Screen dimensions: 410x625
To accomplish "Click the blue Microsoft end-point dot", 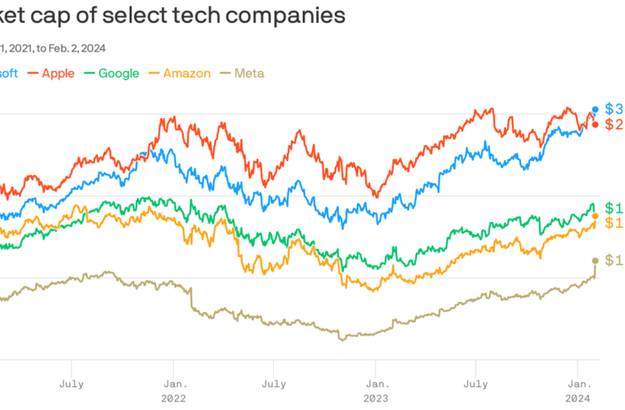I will coord(595,110).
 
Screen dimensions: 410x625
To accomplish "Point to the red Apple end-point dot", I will coord(595,125).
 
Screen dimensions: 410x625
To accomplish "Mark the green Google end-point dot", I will coord(595,208).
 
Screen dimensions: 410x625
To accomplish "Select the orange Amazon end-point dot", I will coord(595,216).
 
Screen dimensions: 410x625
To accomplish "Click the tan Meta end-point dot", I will coord(595,261).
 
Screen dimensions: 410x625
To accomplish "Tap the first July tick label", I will coord(72,383).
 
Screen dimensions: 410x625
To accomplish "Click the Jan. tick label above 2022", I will coord(175,383).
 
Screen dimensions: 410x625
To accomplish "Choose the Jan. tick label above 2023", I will coord(376,383).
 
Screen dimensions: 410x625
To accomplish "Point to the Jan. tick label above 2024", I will coord(578,383).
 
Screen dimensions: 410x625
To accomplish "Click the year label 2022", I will coord(175,397).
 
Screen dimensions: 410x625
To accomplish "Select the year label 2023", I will coord(376,397).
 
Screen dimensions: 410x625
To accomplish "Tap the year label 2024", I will coord(578,397).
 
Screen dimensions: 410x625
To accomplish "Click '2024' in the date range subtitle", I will coord(104,49).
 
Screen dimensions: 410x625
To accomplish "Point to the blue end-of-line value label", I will coord(614,110).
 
